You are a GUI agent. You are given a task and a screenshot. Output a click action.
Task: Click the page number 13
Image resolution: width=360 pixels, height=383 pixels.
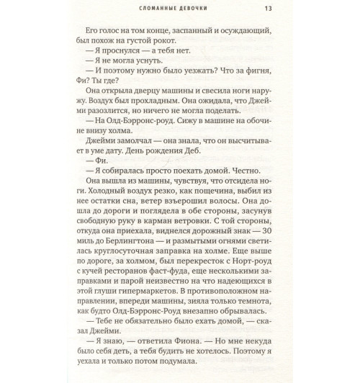tap(267, 9)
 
